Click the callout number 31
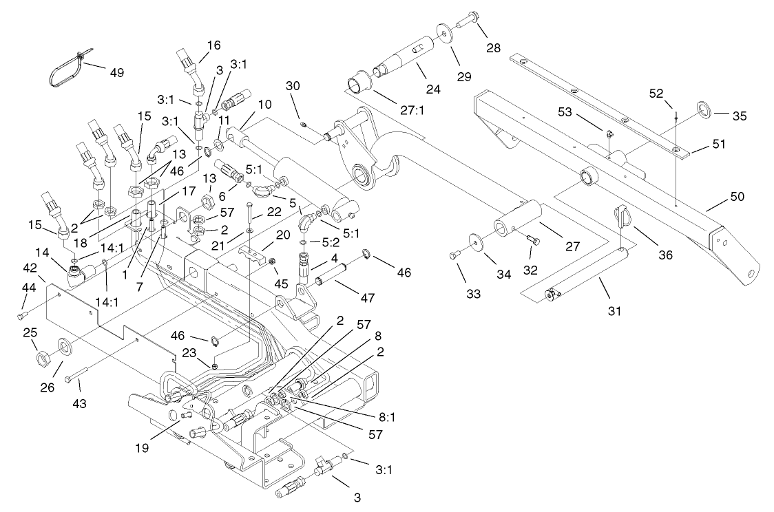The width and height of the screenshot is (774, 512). (614, 311)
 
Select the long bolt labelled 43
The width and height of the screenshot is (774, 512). (79, 377)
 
